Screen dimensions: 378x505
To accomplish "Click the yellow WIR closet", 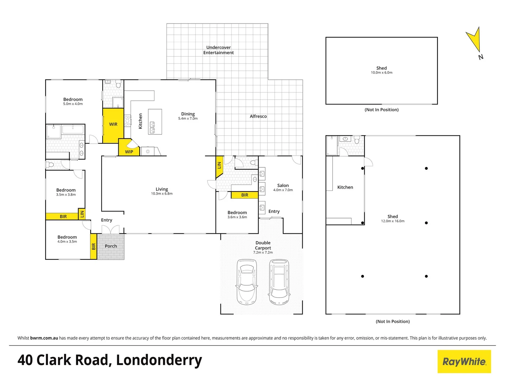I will click(x=113, y=125).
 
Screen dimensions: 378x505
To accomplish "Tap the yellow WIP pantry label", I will click(x=129, y=152).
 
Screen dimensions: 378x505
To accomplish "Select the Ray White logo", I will click(x=464, y=362).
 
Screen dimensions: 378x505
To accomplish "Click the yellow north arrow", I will click(x=475, y=40).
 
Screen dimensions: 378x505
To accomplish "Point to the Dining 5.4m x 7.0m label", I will click(x=188, y=116).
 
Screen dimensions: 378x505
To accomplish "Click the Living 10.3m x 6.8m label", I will click(x=162, y=191).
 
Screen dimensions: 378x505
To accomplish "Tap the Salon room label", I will click(x=283, y=185).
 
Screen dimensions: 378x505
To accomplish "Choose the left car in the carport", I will click(x=247, y=282).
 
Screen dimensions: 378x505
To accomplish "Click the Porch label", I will click(x=111, y=246).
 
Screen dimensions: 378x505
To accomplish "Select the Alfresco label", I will click(x=258, y=116).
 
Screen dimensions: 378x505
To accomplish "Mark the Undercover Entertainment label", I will click(x=218, y=50).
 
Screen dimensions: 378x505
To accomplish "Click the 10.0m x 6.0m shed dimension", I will click(x=381, y=73).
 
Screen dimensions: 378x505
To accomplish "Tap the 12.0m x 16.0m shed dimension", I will click(x=393, y=221).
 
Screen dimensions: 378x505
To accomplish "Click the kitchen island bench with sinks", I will click(x=155, y=122).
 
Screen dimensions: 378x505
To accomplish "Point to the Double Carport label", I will click(x=263, y=245).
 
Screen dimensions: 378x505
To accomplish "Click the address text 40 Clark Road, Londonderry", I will click(x=110, y=360).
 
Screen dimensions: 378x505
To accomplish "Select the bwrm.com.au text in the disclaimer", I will click(x=44, y=338).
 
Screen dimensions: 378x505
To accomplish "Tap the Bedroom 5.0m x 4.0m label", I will click(x=73, y=101).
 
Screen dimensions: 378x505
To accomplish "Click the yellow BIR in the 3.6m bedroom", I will click(x=245, y=195).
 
